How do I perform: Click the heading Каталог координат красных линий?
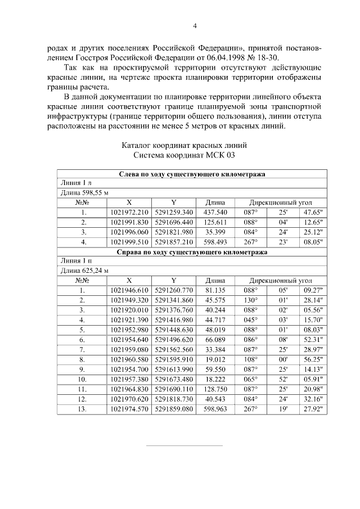[x=184, y=145]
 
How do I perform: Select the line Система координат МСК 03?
[x=184, y=155]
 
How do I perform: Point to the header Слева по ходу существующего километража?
[x=191, y=174]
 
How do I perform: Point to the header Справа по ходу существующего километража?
[x=191, y=253]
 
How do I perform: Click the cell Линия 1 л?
[x=75, y=183]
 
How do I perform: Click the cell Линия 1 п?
[x=75, y=262]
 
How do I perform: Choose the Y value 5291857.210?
[x=173, y=242]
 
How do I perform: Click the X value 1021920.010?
[x=129, y=310]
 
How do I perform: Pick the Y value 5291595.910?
[x=173, y=359]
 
